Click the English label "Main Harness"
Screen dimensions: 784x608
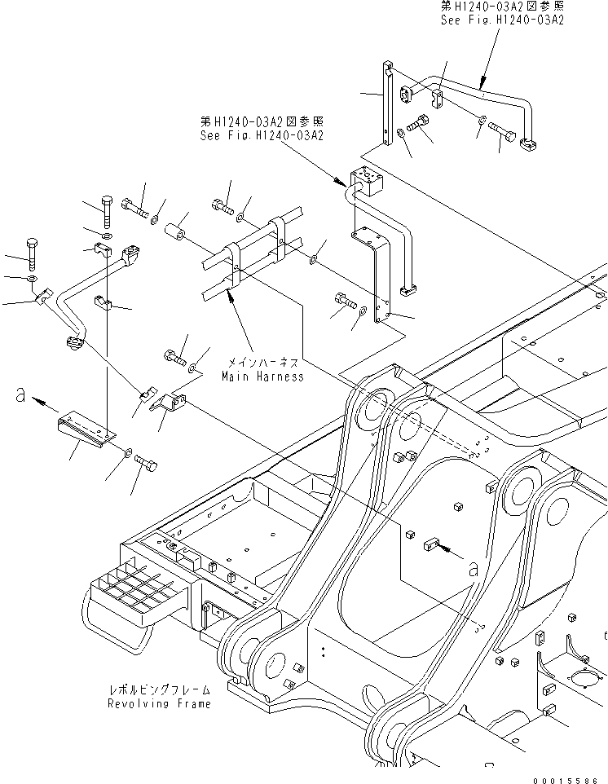coord(262,377)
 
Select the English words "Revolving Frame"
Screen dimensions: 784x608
coord(160,703)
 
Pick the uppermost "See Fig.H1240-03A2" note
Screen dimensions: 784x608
coord(502,20)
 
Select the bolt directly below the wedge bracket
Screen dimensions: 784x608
coord(147,465)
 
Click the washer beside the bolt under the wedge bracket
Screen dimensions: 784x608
coord(130,451)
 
